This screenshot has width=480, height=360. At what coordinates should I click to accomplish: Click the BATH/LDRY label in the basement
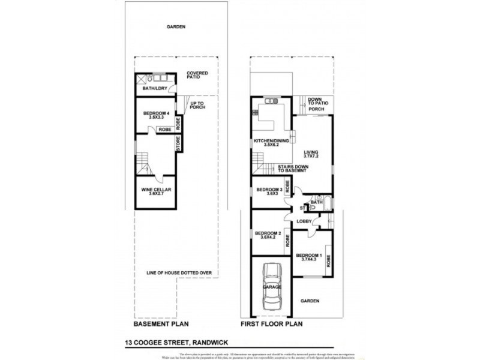(x=153, y=89)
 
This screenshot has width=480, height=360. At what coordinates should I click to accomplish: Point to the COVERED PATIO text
(x=197, y=76)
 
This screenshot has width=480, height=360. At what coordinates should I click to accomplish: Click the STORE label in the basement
(x=179, y=143)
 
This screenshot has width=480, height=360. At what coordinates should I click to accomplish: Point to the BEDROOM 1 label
(x=308, y=256)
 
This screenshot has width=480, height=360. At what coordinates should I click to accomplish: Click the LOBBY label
(x=304, y=221)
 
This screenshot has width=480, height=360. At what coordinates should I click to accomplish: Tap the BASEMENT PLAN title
(x=161, y=324)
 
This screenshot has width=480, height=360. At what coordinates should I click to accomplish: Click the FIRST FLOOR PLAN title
(x=272, y=324)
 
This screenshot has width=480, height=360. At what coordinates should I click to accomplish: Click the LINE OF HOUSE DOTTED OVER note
(x=179, y=273)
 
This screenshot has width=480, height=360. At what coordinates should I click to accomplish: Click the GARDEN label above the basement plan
(x=176, y=27)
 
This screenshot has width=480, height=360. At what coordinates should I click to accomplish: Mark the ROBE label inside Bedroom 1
(x=328, y=260)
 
